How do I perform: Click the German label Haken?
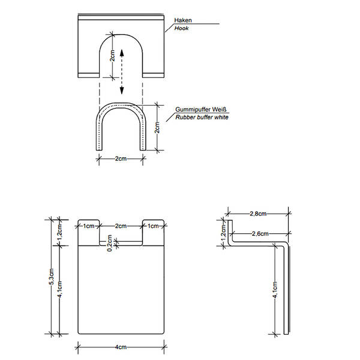pyautogui.click(x=183, y=20)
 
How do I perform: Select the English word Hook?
pyautogui.click(x=182, y=28)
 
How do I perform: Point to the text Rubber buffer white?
pyautogui.click(x=202, y=118)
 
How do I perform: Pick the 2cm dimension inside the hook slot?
pyautogui.click(x=112, y=57)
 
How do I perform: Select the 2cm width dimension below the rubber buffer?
pyautogui.click(x=121, y=158)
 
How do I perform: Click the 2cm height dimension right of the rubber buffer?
pyautogui.click(x=157, y=128)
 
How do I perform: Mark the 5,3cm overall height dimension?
pyautogui.click(x=52, y=277)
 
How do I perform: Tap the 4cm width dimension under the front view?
pyautogui.click(x=121, y=347)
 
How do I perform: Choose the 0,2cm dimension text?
pyautogui.click(x=109, y=243)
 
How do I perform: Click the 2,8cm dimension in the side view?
pyautogui.click(x=258, y=213)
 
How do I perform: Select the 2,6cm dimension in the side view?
pyautogui.click(x=260, y=233)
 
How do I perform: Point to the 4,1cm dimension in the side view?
pyautogui.click(x=275, y=289)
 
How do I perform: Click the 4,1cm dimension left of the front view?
pyautogui.click(x=59, y=290)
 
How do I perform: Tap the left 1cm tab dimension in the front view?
pyautogui.click(x=88, y=226)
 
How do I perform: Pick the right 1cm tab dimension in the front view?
pyautogui.click(x=154, y=226)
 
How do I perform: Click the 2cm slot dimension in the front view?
pyautogui.click(x=121, y=226)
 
